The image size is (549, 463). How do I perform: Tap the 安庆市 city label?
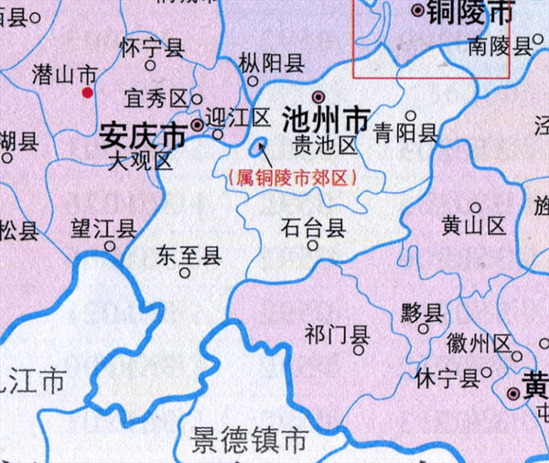coord(142,137)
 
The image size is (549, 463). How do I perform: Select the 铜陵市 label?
coord(476,12)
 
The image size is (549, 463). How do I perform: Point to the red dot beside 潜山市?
coord(88,92)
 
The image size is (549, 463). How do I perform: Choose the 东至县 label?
coord(189,254)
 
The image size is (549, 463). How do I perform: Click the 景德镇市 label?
coord(248,441)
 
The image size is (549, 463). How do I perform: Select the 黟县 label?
coord(421,311)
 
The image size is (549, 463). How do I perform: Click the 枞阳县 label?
coord(271,62)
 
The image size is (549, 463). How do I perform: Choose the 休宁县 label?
coord(447,377)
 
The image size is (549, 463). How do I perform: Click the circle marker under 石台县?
coord(313,245)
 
